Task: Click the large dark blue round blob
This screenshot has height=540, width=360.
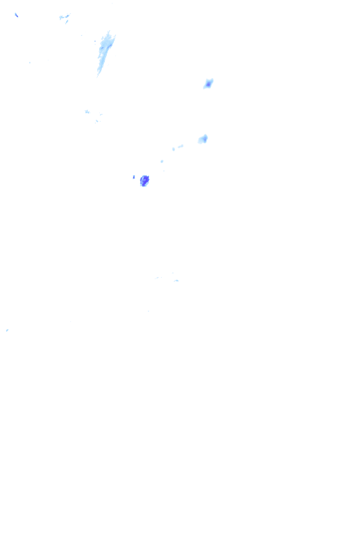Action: [x=144, y=181]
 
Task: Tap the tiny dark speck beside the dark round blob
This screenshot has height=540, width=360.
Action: [x=134, y=177]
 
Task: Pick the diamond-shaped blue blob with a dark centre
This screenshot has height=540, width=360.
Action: [x=208, y=84]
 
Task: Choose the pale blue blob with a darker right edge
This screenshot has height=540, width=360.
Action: [x=202, y=139]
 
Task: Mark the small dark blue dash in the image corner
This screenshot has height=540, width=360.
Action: [x=16, y=15]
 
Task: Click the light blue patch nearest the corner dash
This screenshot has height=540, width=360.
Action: [x=63, y=16]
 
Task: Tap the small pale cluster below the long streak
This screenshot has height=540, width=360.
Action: [x=87, y=111]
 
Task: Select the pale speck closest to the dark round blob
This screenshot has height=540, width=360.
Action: [x=162, y=161]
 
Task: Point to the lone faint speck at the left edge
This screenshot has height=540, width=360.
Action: [x=7, y=330]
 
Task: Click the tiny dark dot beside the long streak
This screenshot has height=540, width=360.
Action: [x=95, y=41]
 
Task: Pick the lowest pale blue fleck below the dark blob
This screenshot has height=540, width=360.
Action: [x=176, y=281]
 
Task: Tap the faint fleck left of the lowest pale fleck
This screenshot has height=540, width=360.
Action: [x=157, y=278]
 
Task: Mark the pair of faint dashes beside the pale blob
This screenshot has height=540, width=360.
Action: [x=177, y=147]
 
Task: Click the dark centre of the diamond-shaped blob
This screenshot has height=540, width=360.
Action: [x=208, y=84]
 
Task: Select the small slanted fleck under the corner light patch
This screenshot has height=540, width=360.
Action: [x=67, y=22]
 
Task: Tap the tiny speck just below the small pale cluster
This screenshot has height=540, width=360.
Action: [x=97, y=121]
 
